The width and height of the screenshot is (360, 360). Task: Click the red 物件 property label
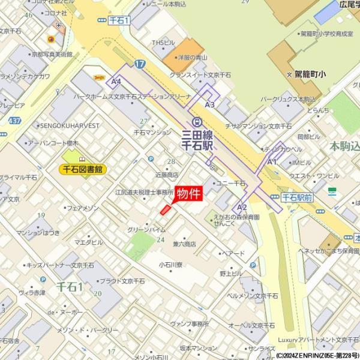(189, 193)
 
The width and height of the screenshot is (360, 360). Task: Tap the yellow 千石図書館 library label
(84, 169)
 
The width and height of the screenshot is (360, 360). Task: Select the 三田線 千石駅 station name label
(197, 142)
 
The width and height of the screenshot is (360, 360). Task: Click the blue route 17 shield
(140, 63)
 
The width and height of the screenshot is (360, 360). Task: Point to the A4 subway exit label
(117, 80)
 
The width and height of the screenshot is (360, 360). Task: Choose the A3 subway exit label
(209, 104)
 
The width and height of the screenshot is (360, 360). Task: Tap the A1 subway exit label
(272, 161)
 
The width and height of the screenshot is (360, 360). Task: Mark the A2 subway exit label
(242, 206)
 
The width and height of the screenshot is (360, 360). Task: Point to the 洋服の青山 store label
(196, 58)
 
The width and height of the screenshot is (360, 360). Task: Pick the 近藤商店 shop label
(167, 175)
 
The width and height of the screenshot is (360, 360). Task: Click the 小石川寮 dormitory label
(171, 263)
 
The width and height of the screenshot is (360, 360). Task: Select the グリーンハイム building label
(146, 229)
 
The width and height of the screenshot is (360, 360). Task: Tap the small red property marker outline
(165, 209)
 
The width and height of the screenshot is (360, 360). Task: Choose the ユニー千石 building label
(230, 182)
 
